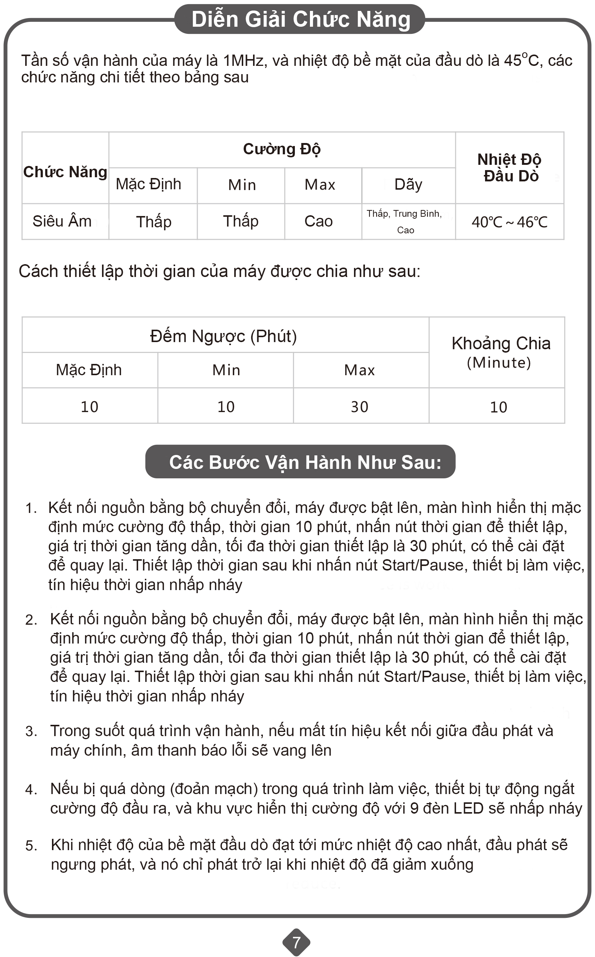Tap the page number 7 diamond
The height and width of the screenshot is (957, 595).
coord(296,942)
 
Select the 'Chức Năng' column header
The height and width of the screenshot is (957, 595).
coord(65,172)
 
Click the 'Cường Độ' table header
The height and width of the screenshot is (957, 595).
coord(282,149)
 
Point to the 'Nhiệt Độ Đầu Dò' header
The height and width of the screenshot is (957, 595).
coord(509,167)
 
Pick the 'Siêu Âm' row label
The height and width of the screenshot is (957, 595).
coord(62,221)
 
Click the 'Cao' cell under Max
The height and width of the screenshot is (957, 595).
coord(318,221)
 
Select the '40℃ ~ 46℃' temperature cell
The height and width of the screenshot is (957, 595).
coord(509,222)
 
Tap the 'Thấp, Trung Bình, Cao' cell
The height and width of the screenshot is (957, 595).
coord(404,221)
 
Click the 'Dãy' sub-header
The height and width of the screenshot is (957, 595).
coord(408,184)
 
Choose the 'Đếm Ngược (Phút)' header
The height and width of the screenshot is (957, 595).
coord(224,336)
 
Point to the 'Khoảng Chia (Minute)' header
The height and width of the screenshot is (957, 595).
coord(500,352)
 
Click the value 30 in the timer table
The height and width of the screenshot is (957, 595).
coord(359,406)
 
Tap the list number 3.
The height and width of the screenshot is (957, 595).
coord(31,731)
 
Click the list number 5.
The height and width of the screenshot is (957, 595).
coord(31,846)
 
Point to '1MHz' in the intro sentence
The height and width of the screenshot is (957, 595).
coord(243,61)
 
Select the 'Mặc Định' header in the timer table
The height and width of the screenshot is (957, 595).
coord(89,370)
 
